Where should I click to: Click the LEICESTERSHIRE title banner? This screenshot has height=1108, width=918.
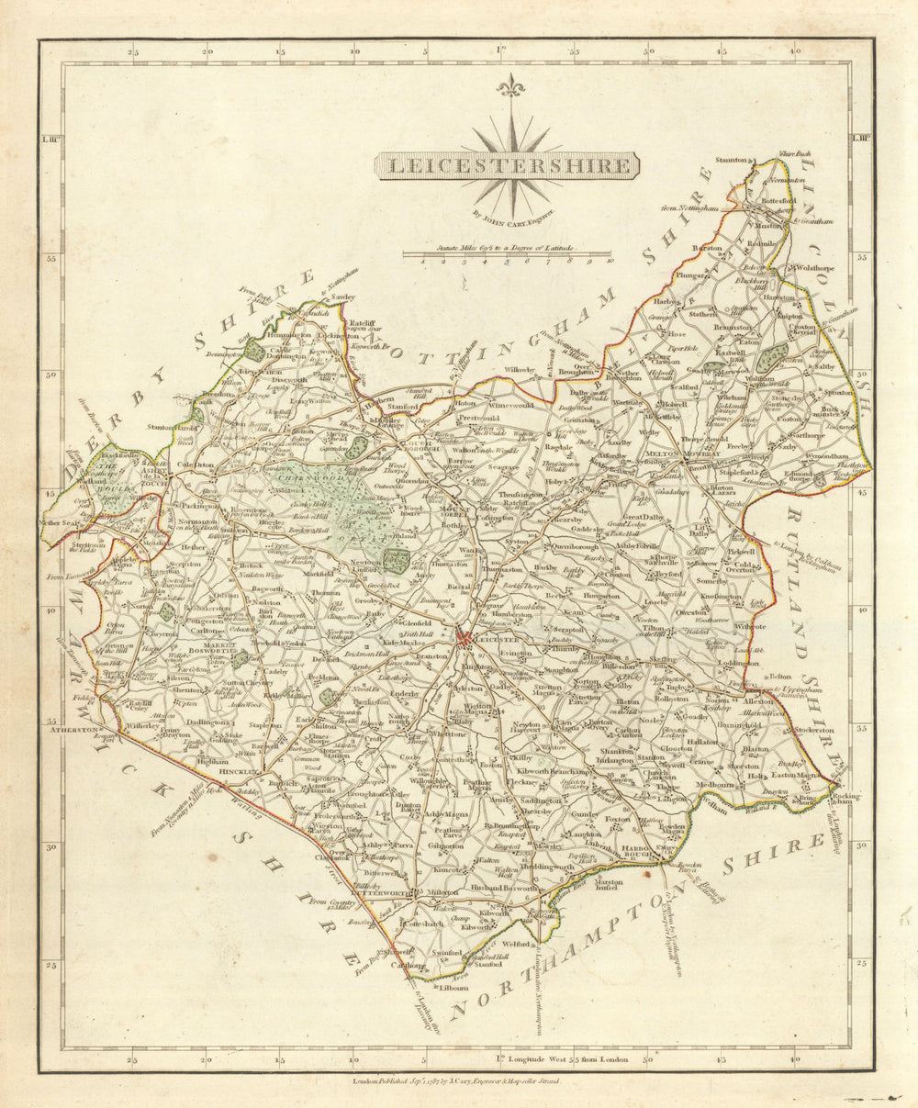coord(508,166)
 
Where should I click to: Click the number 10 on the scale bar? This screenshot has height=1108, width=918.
coord(610,261)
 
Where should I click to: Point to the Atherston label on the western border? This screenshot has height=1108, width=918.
coord(74,730)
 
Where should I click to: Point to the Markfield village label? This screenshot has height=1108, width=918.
coord(320,572)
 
